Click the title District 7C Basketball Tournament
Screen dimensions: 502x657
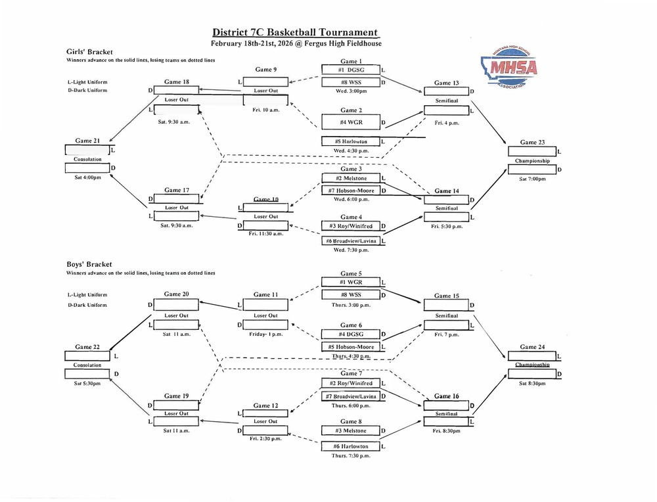(x=296, y=32)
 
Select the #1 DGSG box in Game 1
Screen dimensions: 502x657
(x=350, y=70)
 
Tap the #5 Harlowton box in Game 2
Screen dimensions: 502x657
(x=350, y=141)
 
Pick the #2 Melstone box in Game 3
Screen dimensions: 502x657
(x=350, y=178)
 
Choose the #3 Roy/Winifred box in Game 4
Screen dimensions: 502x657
(x=350, y=227)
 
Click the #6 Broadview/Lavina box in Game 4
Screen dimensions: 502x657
(x=350, y=241)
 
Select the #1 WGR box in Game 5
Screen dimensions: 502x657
(x=350, y=282)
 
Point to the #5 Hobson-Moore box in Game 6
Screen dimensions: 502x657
(x=350, y=346)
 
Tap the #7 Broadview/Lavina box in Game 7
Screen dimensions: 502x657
(x=350, y=396)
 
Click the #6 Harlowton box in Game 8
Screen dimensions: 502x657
(x=350, y=446)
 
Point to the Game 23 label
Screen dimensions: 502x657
(x=532, y=142)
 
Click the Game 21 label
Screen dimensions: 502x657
(x=87, y=141)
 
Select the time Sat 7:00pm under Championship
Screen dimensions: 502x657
(x=532, y=179)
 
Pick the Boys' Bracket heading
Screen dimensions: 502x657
(x=85, y=264)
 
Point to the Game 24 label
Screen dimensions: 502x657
(x=532, y=346)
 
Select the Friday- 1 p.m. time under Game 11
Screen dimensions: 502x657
(x=266, y=334)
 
